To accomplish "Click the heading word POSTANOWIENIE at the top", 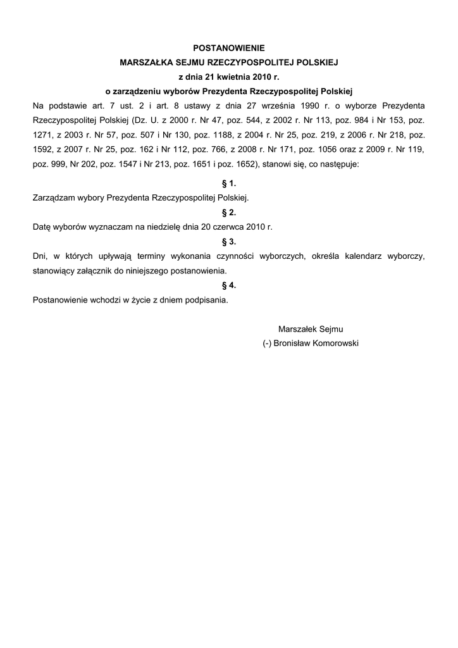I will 229,47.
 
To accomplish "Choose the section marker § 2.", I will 229,212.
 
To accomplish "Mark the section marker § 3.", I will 229,241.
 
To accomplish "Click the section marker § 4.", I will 229,285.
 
